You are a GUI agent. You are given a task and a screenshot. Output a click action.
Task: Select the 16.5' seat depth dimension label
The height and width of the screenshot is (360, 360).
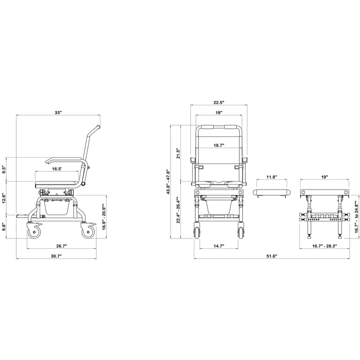coord(57,169)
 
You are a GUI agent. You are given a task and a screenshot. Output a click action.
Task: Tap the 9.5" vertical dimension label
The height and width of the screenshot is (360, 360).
coord(4,170)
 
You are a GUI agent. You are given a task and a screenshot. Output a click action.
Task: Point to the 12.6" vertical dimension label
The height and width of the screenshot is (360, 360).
coord(4,197)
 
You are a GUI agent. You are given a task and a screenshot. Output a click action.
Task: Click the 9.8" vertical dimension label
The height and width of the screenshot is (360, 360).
coord(4,227)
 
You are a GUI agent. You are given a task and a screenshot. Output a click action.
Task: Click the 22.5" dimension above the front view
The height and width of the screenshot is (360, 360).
coord(219,102)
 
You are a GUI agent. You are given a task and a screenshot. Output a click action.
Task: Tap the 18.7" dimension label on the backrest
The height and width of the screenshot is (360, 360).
coord(219,145)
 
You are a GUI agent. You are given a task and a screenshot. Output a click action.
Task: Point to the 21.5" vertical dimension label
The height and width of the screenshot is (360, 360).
coord(178,153)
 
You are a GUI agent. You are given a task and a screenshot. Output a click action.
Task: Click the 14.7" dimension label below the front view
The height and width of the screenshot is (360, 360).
coord(218,246)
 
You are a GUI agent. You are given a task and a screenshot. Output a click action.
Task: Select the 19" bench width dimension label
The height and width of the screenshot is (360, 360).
coord(324,177)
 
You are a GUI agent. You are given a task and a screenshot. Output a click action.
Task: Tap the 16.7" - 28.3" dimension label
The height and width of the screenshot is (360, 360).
coord(324,246)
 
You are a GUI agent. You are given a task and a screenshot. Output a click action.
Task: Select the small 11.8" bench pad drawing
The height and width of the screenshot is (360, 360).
coord(270,192)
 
